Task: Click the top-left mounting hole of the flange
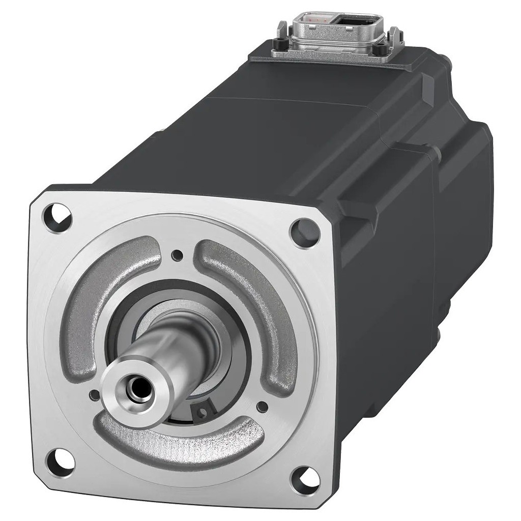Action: point(57,217)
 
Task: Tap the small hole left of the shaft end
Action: point(93,394)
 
